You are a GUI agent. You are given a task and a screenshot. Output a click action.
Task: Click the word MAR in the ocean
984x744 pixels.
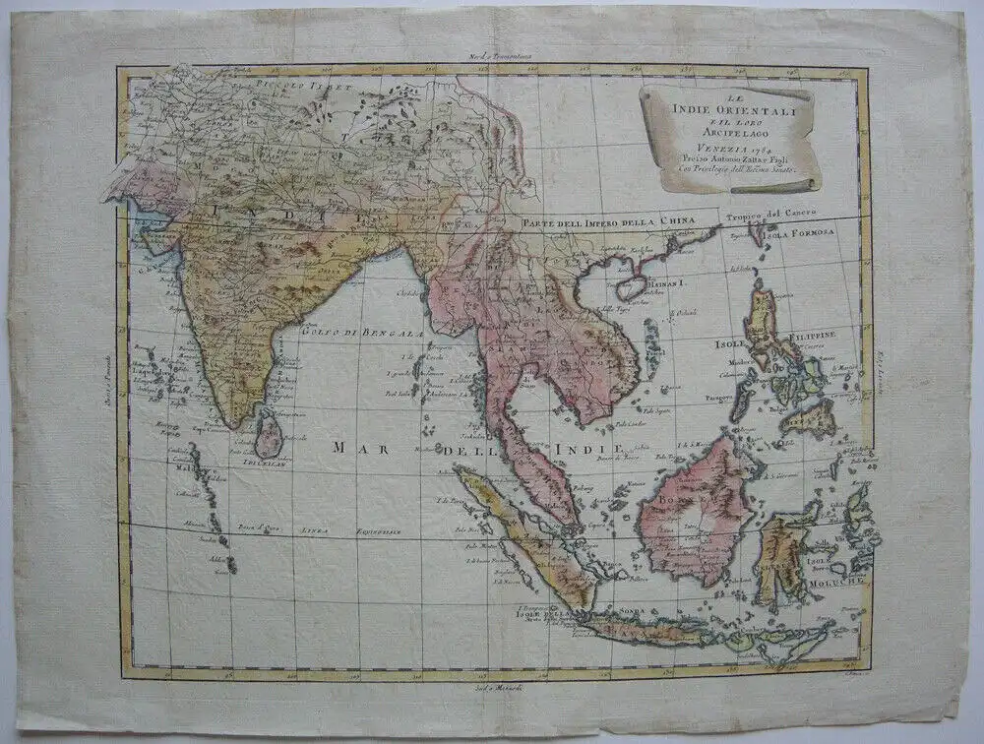354,448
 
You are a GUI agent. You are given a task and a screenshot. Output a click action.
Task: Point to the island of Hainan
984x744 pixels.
631,287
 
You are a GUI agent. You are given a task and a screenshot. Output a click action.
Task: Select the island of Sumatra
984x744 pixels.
522,532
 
